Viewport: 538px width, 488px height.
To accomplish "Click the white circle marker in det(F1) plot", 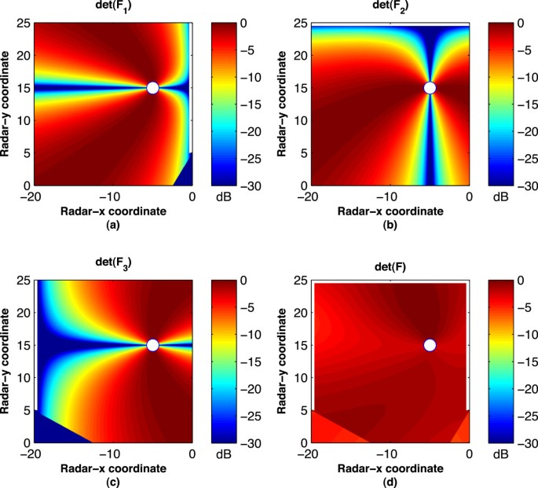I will [152, 87].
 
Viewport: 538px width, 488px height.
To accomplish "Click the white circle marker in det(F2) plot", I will [429, 87].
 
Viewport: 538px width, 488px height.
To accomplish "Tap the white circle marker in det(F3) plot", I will [152, 345].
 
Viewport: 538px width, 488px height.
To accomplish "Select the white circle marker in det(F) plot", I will [429, 345].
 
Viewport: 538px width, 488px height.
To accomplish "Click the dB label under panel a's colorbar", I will [221, 199].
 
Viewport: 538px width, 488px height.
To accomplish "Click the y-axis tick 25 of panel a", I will [25, 24].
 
